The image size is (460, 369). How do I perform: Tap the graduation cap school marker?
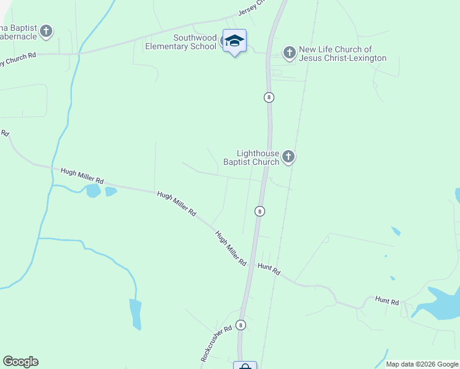pyautogui.click(x=234, y=41)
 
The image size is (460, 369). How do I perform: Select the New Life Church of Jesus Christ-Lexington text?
pyautogui.click(x=343, y=54)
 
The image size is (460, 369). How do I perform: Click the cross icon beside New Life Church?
pyautogui.click(x=290, y=54)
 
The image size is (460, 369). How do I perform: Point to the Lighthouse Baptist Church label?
pyautogui.click(x=258, y=158)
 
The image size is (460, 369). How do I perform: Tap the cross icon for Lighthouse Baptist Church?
pyautogui.click(x=288, y=158)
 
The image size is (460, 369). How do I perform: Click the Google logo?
pyautogui.click(x=20, y=362)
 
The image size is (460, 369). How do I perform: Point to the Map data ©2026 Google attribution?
pyautogui.click(x=422, y=364)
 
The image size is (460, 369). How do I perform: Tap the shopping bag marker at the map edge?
pyautogui.click(x=245, y=366)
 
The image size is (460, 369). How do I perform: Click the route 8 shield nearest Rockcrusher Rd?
pyautogui.click(x=240, y=325)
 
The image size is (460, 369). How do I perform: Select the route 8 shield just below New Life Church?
pyautogui.click(x=269, y=97)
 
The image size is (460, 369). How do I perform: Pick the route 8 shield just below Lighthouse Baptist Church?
pyautogui.click(x=260, y=211)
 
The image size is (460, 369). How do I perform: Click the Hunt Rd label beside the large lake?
pyautogui.click(x=387, y=301)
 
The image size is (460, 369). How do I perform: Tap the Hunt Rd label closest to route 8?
pyautogui.click(x=269, y=269)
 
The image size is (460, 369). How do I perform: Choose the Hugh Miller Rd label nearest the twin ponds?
pyautogui.click(x=82, y=177)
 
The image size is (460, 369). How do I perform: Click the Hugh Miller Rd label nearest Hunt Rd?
pyautogui.click(x=231, y=248)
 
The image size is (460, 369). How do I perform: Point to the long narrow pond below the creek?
pyautogui.click(x=135, y=314)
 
